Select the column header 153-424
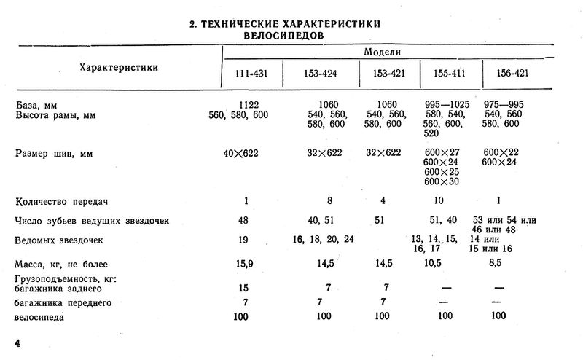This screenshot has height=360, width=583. (320, 74)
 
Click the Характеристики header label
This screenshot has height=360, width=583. (118, 67)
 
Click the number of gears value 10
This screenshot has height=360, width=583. (439, 201)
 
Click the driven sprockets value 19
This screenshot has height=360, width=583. (240, 240)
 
